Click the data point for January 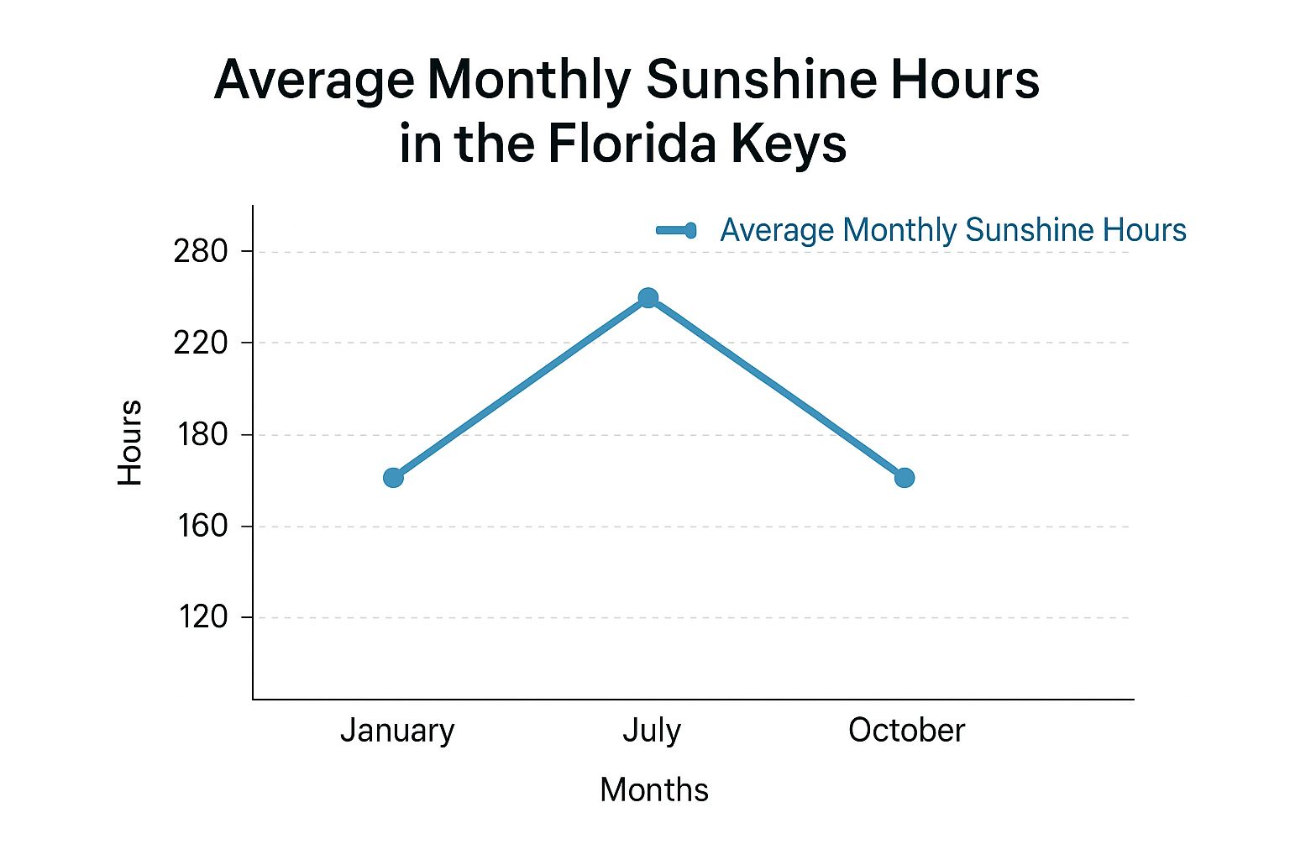(393, 477)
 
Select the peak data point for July (648, 298)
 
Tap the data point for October (904, 477)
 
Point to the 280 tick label (201, 251)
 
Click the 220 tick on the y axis (201, 343)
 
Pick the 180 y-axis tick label (202, 434)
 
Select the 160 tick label (202, 526)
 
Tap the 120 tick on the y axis (202, 617)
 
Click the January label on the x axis (397, 731)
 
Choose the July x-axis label (652, 731)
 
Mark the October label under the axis (906, 731)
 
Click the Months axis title (654, 790)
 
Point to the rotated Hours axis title (129, 443)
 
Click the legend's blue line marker (676, 230)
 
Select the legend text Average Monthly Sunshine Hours (953, 230)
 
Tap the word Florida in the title (632, 144)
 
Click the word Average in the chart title (314, 81)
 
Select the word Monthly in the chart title (529, 81)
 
